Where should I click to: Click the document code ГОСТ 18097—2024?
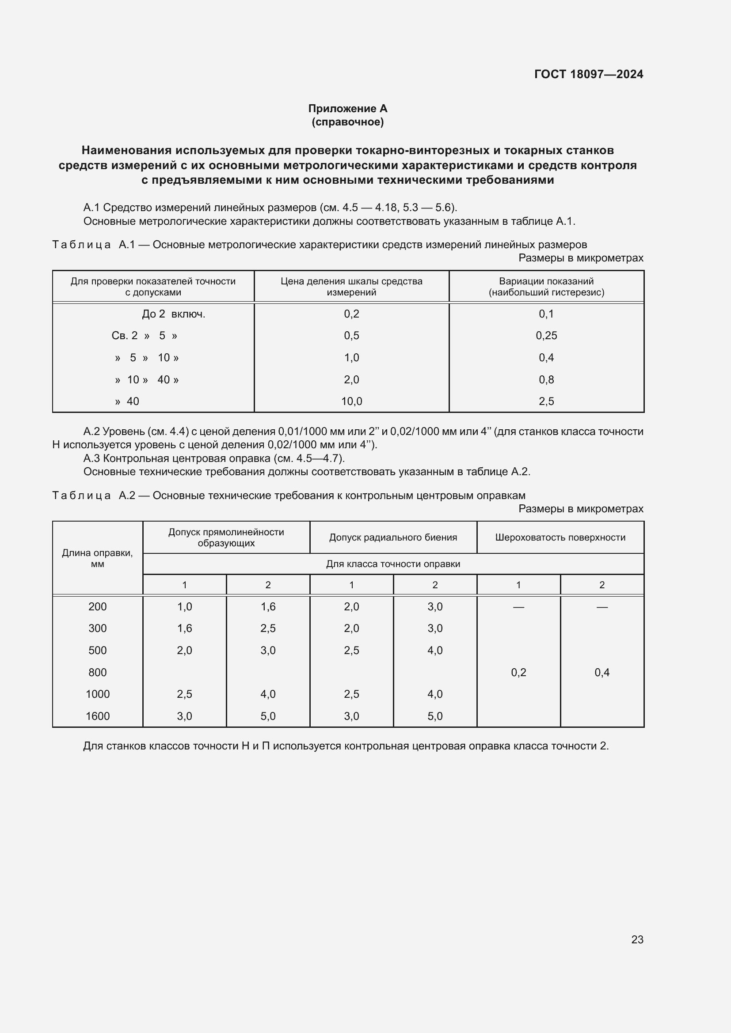588,74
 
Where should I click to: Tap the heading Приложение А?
347,109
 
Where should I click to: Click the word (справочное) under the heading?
347,122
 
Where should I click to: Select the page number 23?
637,939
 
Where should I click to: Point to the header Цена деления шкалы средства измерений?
351,287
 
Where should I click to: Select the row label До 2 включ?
173,314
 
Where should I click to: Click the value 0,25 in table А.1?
546,336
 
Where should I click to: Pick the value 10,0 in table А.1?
351,401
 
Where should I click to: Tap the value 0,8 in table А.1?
546,380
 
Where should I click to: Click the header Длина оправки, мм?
97,558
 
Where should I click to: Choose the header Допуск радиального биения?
393,537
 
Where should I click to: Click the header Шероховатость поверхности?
560,537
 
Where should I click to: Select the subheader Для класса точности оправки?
393,564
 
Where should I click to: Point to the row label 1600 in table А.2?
97,716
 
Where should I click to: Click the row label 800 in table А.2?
97,673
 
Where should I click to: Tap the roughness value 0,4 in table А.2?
602,673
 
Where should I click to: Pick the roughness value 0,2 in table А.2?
518,673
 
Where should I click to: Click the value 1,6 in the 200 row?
268,607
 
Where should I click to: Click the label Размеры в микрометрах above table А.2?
581,509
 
